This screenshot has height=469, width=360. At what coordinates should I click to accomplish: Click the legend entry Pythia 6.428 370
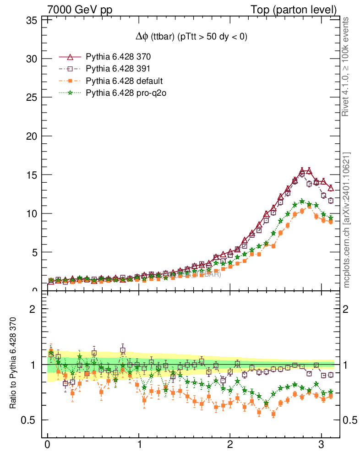pyautogui.click(x=118, y=57)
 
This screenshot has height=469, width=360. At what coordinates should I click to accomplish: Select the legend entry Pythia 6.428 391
pyautogui.click(x=118, y=69)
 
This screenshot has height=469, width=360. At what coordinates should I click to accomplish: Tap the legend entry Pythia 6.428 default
pyautogui.click(x=124, y=81)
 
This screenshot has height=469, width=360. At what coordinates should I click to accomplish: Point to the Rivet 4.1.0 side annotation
pyautogui.click(x=347, y=66)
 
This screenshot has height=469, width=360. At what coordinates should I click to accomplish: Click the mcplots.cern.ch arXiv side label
pyautogui.click(x=347, y=220)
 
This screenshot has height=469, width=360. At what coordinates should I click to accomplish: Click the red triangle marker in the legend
pyautogui.click(x=70, y=57)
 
